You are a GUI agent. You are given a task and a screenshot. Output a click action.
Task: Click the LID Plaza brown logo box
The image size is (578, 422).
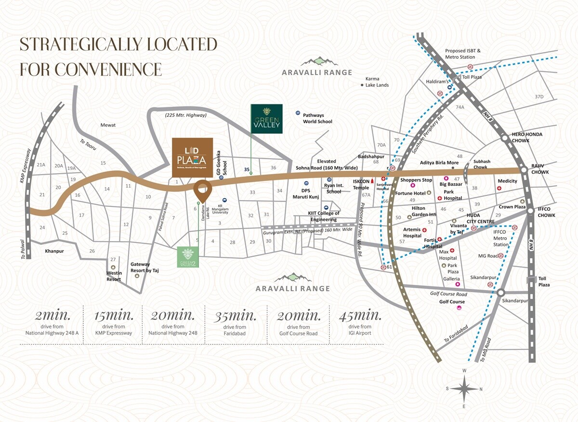click(x=192, y=157)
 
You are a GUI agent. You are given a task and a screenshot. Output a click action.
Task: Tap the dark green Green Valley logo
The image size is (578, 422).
click(x=266, y=118)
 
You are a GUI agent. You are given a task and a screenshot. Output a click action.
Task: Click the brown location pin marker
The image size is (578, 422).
click(x=202, y=191)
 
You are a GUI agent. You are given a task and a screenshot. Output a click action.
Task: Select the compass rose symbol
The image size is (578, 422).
click(x=464, y=389)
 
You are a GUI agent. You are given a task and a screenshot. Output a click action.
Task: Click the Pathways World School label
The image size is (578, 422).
click(x=317, y=118)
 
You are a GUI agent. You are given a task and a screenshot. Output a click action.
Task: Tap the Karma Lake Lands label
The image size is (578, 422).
click(x=376, y=82)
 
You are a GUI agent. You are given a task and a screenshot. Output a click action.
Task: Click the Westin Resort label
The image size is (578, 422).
click(x=114, y=276)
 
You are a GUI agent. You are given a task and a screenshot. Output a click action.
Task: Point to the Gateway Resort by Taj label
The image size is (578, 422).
click(x=144, y=268)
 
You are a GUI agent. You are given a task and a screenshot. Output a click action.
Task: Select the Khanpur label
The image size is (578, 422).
click(x=54, y=251)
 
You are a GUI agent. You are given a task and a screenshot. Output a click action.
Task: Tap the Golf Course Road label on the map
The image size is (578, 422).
click(x=448, y=294)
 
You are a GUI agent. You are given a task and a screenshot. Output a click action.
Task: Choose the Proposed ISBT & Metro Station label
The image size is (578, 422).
click(x=463, y=54)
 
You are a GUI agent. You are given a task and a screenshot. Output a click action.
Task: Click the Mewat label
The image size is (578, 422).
click(x=108, y=125)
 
